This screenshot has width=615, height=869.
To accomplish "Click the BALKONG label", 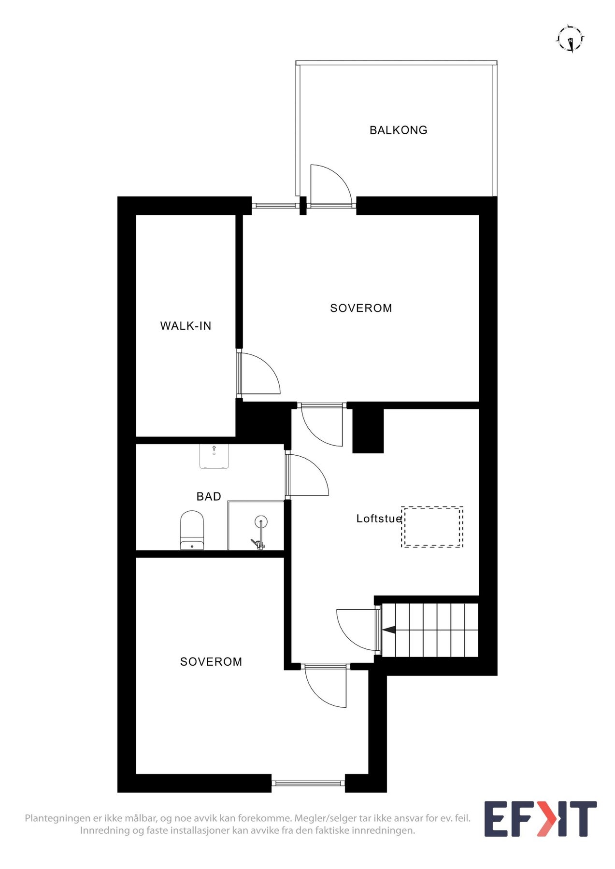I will click(398, 130).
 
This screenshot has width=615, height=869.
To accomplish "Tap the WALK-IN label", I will click(186, 326).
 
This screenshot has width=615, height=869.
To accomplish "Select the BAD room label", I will click(209, 496).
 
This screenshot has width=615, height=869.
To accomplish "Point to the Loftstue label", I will click(379, 519).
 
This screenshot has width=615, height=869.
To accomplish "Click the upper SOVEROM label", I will click(361, 308).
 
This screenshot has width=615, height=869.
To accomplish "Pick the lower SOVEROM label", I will click(211, 662).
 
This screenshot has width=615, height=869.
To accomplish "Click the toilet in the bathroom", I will click(192, 530).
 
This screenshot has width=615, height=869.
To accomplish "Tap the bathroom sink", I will click(214, 456).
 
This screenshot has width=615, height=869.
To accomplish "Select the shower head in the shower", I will click(261, 522).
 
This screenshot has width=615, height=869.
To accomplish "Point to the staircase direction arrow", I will click(389, 630).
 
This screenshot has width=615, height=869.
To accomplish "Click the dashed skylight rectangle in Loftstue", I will click(432, 527).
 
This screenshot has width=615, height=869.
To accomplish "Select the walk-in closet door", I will click(258, 374).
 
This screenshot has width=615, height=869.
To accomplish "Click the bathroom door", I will click(308, 476).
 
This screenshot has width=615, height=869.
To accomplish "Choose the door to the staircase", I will click(355, 630).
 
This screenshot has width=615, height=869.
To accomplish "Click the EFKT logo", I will click(540, 819).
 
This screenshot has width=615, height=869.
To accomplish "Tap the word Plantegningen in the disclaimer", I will click(57, 818).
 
